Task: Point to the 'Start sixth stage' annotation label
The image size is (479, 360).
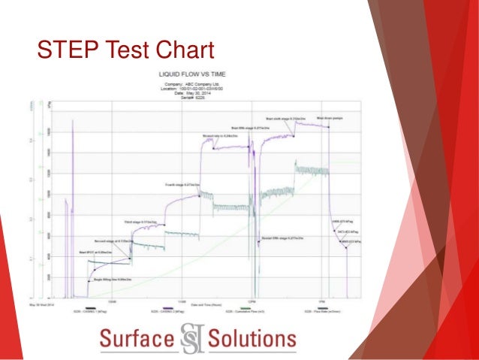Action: pos(283,118)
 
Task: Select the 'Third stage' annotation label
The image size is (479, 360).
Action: pos(140,222)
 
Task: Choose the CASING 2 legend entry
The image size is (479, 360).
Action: pos(176,310)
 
